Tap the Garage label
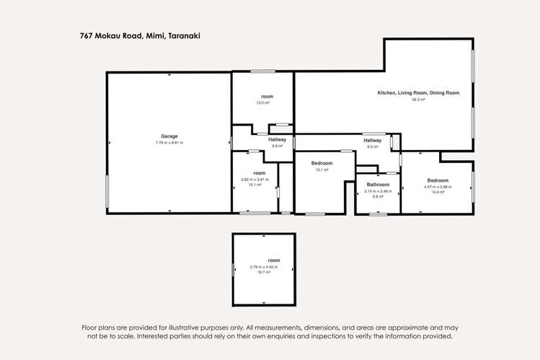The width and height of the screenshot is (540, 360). pos(169,136)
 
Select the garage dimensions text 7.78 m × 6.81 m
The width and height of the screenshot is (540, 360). pos(169,143)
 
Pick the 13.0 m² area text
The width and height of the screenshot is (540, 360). pos(262,103)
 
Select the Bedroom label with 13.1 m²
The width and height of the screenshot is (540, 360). pos(322,163)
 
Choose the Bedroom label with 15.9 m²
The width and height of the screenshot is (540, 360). pos(438,180)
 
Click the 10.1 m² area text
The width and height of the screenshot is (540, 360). pos(254,185)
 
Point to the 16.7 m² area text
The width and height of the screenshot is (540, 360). pos(264,273)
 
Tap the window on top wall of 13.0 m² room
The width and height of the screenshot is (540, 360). pos(262,71)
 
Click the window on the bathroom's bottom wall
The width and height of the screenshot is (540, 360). pos(378,214)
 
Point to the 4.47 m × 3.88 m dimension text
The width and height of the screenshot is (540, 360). pos(438,187)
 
